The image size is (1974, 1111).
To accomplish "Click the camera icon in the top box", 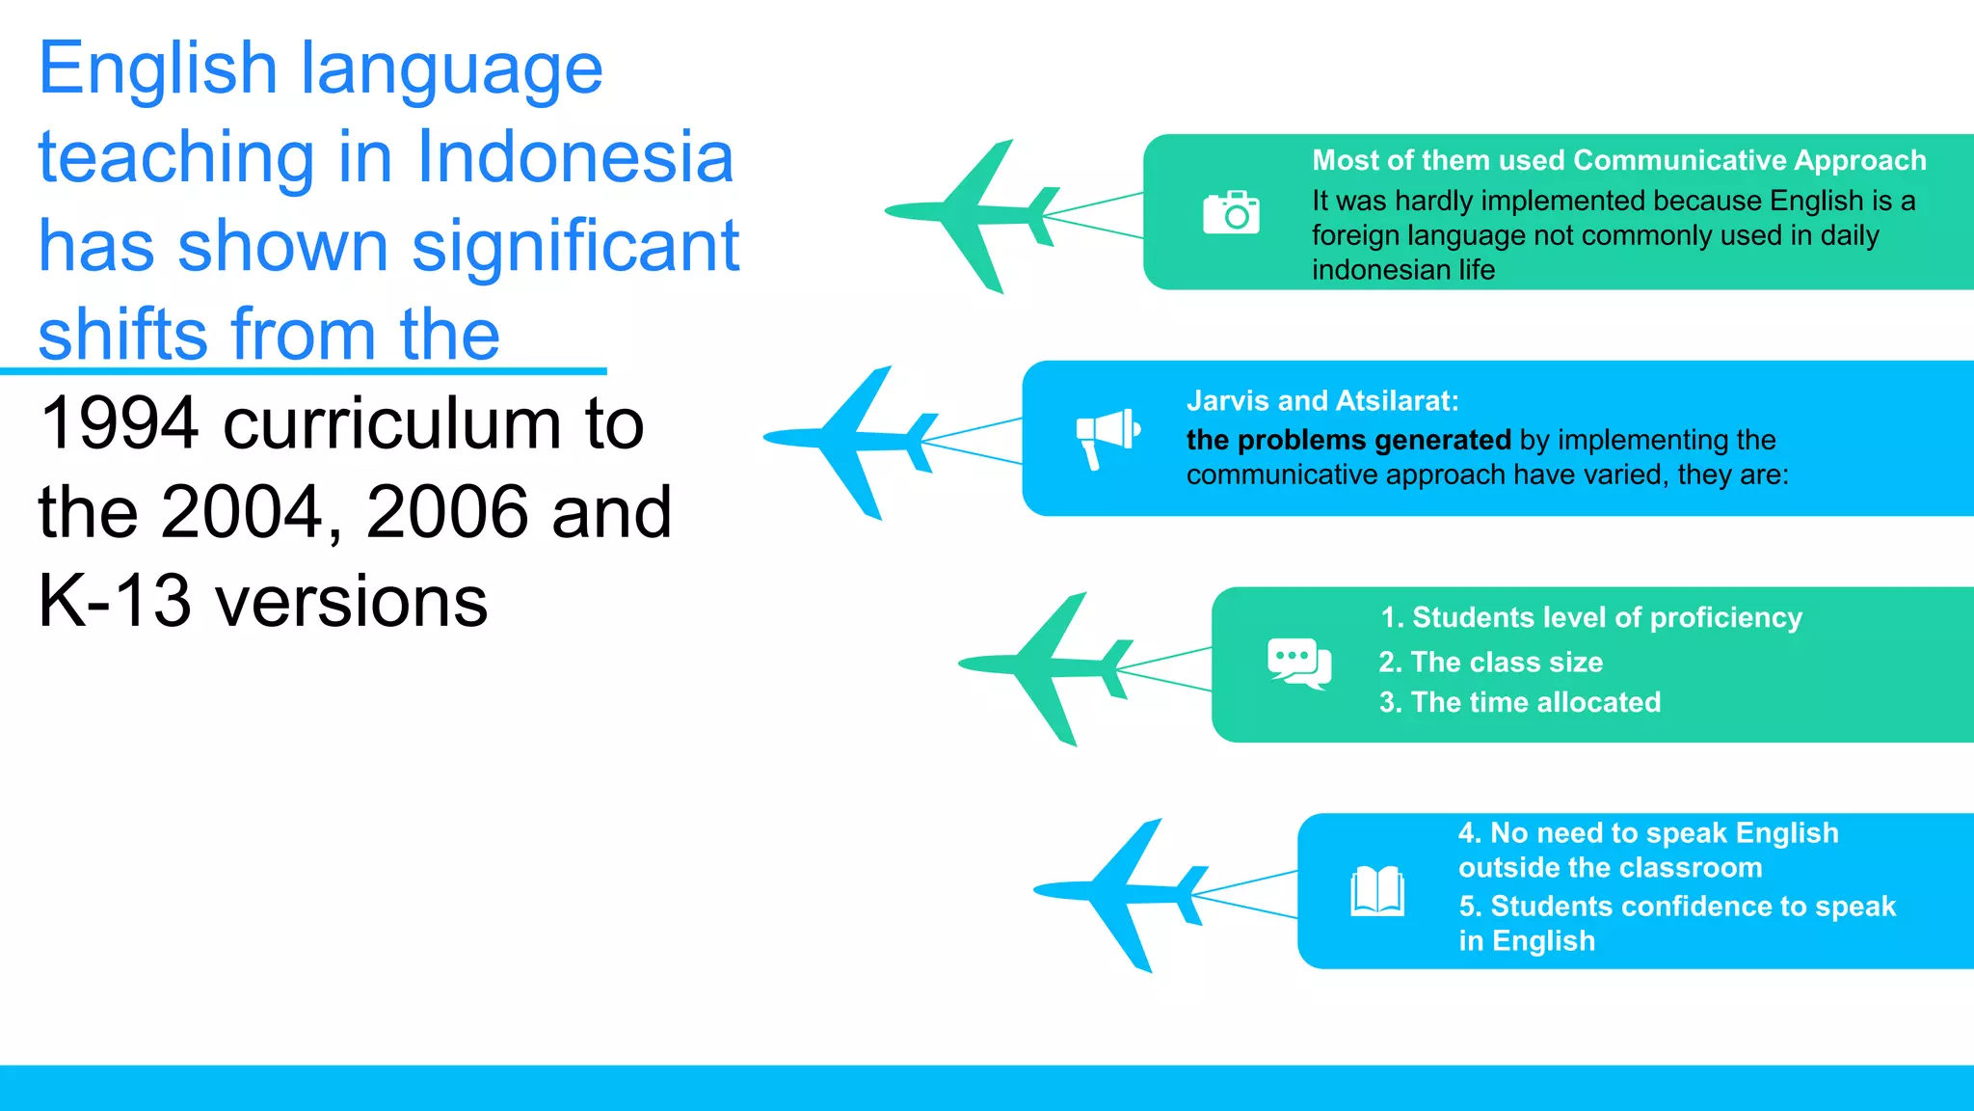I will point(1231,212).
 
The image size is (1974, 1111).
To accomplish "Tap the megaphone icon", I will point(1107,436).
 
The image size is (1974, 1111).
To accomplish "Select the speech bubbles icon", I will point(1299,664).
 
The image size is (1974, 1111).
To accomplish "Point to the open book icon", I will point(1376,890).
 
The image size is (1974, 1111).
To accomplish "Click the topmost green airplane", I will point(974,213).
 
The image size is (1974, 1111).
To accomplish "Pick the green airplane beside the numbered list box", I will point(1047,666).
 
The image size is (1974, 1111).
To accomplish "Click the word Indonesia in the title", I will point(574,157).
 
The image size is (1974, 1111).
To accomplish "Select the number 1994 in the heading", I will point(120,423).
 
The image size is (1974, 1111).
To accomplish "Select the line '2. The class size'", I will point(1490,663).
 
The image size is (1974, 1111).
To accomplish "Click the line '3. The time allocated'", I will point(1519,702).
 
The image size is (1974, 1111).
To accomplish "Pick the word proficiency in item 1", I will point(1725,618).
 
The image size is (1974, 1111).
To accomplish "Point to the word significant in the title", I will point(575,246).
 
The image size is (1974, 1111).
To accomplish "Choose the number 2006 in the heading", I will point(448,512).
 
